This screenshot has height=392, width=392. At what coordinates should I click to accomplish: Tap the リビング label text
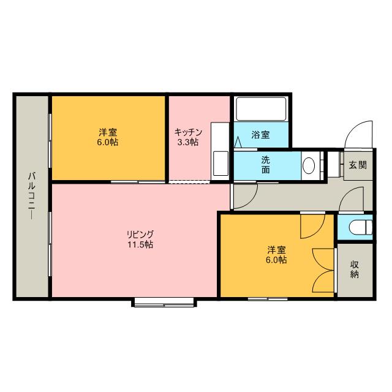click(x=140, y=234)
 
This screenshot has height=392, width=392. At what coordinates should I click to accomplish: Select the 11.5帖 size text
click(x=140, y=244)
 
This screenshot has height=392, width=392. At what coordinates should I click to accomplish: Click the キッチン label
click(x=186, y=132)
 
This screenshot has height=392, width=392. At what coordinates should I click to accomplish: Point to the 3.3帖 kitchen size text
click(x=186, y=142)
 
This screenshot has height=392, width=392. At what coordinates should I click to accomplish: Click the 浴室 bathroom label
click(x=261, y=135)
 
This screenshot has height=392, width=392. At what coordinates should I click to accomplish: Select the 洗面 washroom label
click(x=266, y=164)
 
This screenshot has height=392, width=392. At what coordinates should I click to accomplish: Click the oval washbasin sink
click(x=309, y=165)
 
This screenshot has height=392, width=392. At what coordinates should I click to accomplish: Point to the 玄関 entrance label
click(x=358, y=165)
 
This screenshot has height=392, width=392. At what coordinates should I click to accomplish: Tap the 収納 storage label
click(x=355, y=269)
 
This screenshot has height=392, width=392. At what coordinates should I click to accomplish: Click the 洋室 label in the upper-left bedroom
click(x=108, y=132)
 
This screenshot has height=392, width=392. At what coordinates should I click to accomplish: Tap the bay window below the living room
click(x=164, y=301)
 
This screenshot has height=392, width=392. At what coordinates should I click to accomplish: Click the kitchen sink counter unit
click(x=219, y=151)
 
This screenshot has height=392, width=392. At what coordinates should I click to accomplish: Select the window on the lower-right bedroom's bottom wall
click(x=268, y=298)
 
